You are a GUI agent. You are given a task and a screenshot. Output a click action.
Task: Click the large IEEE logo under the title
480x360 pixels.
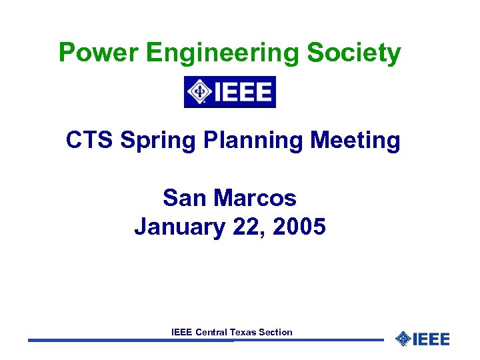(x=230, y=92)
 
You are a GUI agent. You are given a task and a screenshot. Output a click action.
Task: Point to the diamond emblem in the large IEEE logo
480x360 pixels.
(x=199, y=92)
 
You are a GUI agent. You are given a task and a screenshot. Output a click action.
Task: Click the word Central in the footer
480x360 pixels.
(x=211, y=332)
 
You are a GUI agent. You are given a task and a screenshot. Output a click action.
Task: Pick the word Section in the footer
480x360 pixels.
(x=275, y=332)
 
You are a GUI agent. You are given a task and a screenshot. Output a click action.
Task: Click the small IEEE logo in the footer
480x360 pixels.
(x=423, y=339)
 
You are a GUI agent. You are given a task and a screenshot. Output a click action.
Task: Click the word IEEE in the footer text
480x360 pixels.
(x=181, y=332)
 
